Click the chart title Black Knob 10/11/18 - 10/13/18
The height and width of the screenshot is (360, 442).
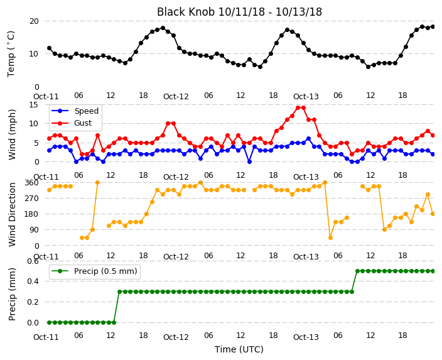tap(239, 12)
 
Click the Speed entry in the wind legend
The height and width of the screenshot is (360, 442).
tap(86, 111)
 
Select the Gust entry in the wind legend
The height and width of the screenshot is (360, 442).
tap(83, 123)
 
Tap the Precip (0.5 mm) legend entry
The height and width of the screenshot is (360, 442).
tap(105, 271)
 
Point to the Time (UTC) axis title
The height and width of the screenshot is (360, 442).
tap(239, 349)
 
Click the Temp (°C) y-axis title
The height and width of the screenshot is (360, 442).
tap(11, 54)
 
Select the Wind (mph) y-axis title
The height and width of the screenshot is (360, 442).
tap(11, 134)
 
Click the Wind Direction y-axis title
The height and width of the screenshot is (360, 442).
tap(11, 214)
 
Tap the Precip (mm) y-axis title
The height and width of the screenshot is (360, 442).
tap(11, 294)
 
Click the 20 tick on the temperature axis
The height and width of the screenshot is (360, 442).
tap(33, 21)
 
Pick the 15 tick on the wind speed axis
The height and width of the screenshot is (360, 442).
tap(33, 105)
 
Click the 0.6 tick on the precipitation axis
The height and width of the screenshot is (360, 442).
tap(33, 261)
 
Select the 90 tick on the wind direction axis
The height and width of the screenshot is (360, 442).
tap(34, 230)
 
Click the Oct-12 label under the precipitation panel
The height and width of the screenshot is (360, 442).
tap(176, 337)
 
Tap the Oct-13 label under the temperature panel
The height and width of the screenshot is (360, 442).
tap(306, 97)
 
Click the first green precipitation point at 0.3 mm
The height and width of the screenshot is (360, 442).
tap(119, 292)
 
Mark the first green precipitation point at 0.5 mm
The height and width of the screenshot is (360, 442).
tap(357, 271)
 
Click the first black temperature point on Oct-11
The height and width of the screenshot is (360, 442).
tap(50, 48)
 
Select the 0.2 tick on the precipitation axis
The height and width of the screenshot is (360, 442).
tap(33, 302)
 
